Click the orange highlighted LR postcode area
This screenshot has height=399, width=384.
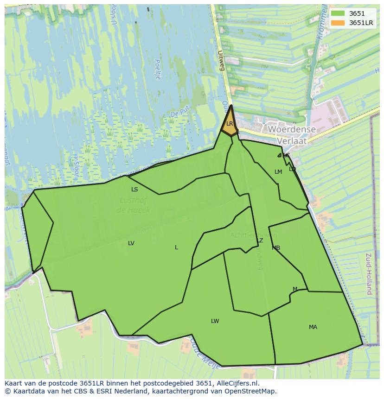coord(230,123)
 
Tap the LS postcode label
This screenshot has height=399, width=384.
coord(134,190)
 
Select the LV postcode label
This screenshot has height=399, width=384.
coord(131,243)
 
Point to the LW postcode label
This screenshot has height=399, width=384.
coord(215,321)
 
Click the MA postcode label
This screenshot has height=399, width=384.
coord(313,327)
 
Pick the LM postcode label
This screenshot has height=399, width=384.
coord(278,172)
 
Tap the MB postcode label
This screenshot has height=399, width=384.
coord(276,248)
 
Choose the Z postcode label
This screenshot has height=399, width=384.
coord(261,241)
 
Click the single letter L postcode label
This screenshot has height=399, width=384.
coord(176,247)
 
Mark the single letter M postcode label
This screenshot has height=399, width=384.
coord(295,289)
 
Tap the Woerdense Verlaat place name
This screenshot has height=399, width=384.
coord(292,135)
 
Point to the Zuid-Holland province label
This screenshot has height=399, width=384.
coord(369,273)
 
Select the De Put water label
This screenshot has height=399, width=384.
coord(177,114)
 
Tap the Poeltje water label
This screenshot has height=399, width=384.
coord(157,70)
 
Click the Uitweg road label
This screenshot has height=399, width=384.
coord(222,61)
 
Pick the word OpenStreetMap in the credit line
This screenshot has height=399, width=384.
coord(253,391)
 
